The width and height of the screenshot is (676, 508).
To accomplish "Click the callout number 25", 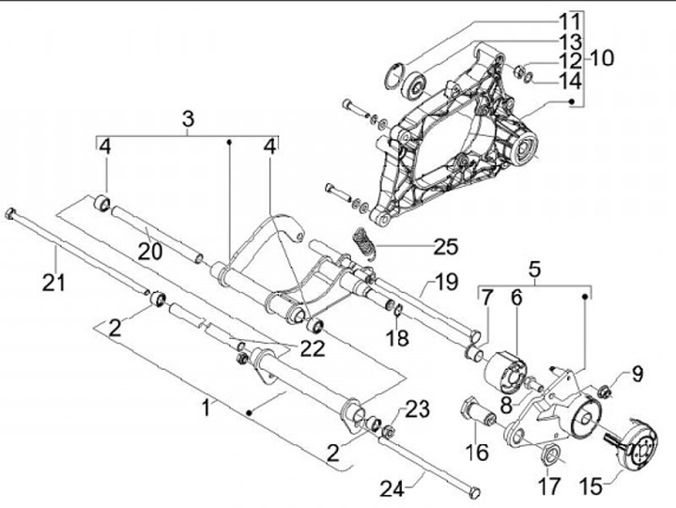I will click(x=446, y=248).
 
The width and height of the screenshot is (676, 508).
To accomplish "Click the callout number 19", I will click(x=445, y=281).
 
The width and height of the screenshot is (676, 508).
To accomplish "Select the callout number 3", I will click(x=188, y=119).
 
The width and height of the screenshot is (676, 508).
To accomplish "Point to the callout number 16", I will click(x=479, y=452).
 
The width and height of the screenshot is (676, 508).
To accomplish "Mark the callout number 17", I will click(x=548, y=485).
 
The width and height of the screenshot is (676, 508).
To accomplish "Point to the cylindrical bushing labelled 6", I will click(x=508, y=371).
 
